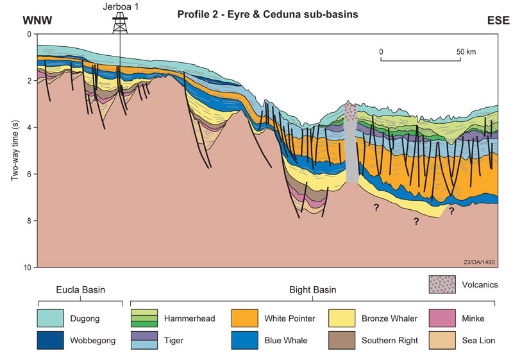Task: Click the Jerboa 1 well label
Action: [120, 7]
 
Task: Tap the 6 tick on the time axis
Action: [28, 174]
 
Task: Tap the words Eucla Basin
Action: [80, 290]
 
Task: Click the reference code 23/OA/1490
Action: [480, 261]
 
